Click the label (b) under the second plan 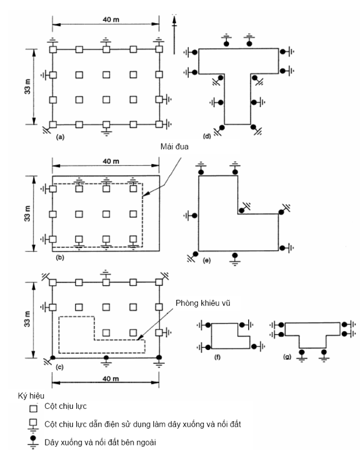(x=59, y=257)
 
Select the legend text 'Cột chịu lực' (x=65, y=406)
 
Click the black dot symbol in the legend (x=33, y=438)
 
